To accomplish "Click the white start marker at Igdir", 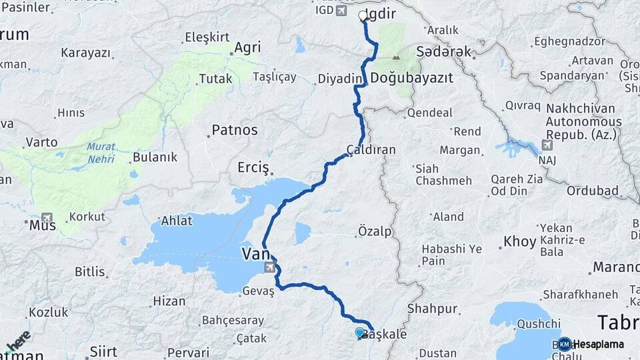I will point(363,15).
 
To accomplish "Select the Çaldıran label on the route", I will point(371,150).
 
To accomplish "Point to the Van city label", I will point(254,253).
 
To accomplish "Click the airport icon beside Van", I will point(270,268).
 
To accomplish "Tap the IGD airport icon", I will point(342,11).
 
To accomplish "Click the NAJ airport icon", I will point(548,145).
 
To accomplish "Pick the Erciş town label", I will point(253,167).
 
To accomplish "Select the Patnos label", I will point(234,130).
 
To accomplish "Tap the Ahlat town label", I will point(176,221).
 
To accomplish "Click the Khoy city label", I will point(520,241).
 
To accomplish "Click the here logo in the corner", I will point(18,340).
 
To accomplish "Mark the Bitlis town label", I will point(89,272).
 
